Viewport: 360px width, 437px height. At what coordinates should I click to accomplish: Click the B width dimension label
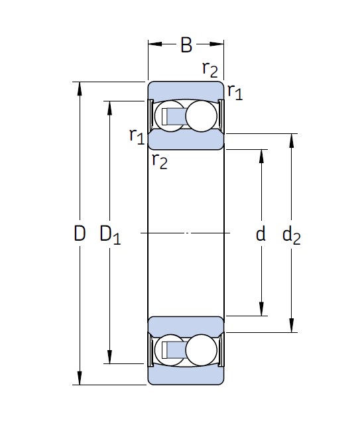point(186,44)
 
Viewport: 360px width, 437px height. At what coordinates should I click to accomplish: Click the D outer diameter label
point(80,233)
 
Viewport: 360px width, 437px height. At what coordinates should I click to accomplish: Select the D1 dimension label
point(110,235)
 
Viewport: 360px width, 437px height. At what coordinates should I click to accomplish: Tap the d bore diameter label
point(261,233)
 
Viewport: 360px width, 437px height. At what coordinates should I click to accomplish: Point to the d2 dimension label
point(292,235)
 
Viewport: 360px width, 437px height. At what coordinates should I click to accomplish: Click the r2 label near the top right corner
point(210,69)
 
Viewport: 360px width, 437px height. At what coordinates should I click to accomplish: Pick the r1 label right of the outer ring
point(235,92)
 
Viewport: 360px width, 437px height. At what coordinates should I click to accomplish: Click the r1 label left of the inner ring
point(137,136)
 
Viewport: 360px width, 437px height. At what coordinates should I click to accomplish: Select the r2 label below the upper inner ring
point(160,161)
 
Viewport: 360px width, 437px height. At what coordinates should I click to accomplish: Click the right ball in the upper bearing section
point(201,116)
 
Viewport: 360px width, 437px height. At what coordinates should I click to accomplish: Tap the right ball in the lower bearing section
point(201,350)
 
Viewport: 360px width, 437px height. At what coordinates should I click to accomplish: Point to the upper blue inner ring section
point(186,140)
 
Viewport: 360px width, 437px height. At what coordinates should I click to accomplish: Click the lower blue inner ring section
point(186,326)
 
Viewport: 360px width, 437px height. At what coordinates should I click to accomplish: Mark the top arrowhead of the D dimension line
point(80,89)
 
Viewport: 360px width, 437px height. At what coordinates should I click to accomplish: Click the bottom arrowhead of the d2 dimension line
point(292,325)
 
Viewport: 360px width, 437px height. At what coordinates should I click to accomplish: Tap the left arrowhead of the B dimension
point(155,44)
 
